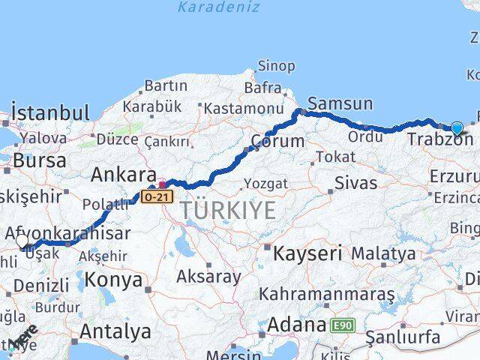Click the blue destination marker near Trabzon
point(457,128)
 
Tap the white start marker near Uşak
point(22,241)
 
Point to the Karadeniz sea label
point(219,7)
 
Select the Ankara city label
point(124,175)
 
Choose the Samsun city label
point(340,104)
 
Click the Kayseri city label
point(307,253)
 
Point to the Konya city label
point(114,280)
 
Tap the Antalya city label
point(115,331)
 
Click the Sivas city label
point(355,181)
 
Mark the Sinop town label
point(276,66)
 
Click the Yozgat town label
point(266,183)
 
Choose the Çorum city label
point(277,141)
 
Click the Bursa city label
point(39,160)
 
